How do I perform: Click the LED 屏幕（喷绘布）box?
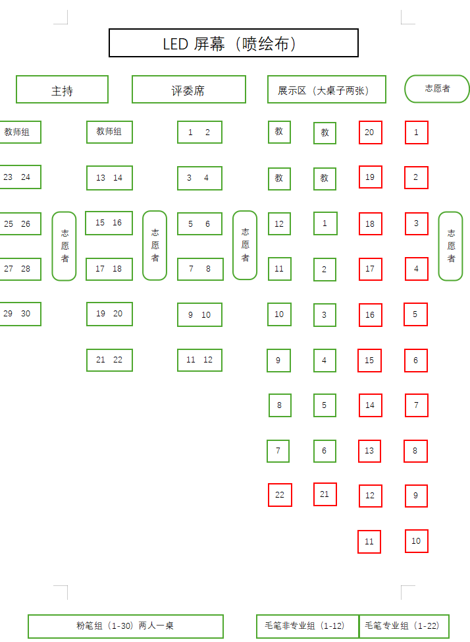pyautogui.click(x=233, y=44)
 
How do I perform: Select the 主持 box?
pyautogui.click(x=62, y=90)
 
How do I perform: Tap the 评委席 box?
pyautogui.click(x=188, y=90)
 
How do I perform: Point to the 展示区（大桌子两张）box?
pyautogui.click(x=326, y=90)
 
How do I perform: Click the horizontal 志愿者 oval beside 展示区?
pyautogui.click(x=437, y=88)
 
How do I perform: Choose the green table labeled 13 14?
pyautogui.click(x=109, y=178)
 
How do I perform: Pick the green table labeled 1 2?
pyautogui.click(x=199, y=132)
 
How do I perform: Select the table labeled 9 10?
pyautogui.click(x=199, y=314)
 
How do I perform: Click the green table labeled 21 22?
pyautogui.click(x=109, y=360)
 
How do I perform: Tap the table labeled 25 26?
pyautogui.click(x=18, y=224)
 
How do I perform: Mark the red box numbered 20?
pyautogui.click(x=370, y=132)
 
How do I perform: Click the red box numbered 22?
pyautogui.click(x=280, y=495)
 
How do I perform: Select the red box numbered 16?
pyautogui.click(x=370, y=315)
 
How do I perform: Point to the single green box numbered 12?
pyautogui.click(x=279, y=224)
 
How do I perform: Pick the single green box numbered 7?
pyautogui.click(x=278, y=451)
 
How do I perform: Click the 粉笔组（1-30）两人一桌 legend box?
pyautogui.click(x=125, y=626)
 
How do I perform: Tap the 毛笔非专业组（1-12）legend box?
pyautogui.click(x=307, y=626)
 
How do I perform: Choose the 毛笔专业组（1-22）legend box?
pyautogui.click(x=404, y=626)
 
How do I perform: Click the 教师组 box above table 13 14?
pyautogui.click(x=109, y=132)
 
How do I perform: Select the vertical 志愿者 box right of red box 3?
pyautogui.click(x=450, y=246)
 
